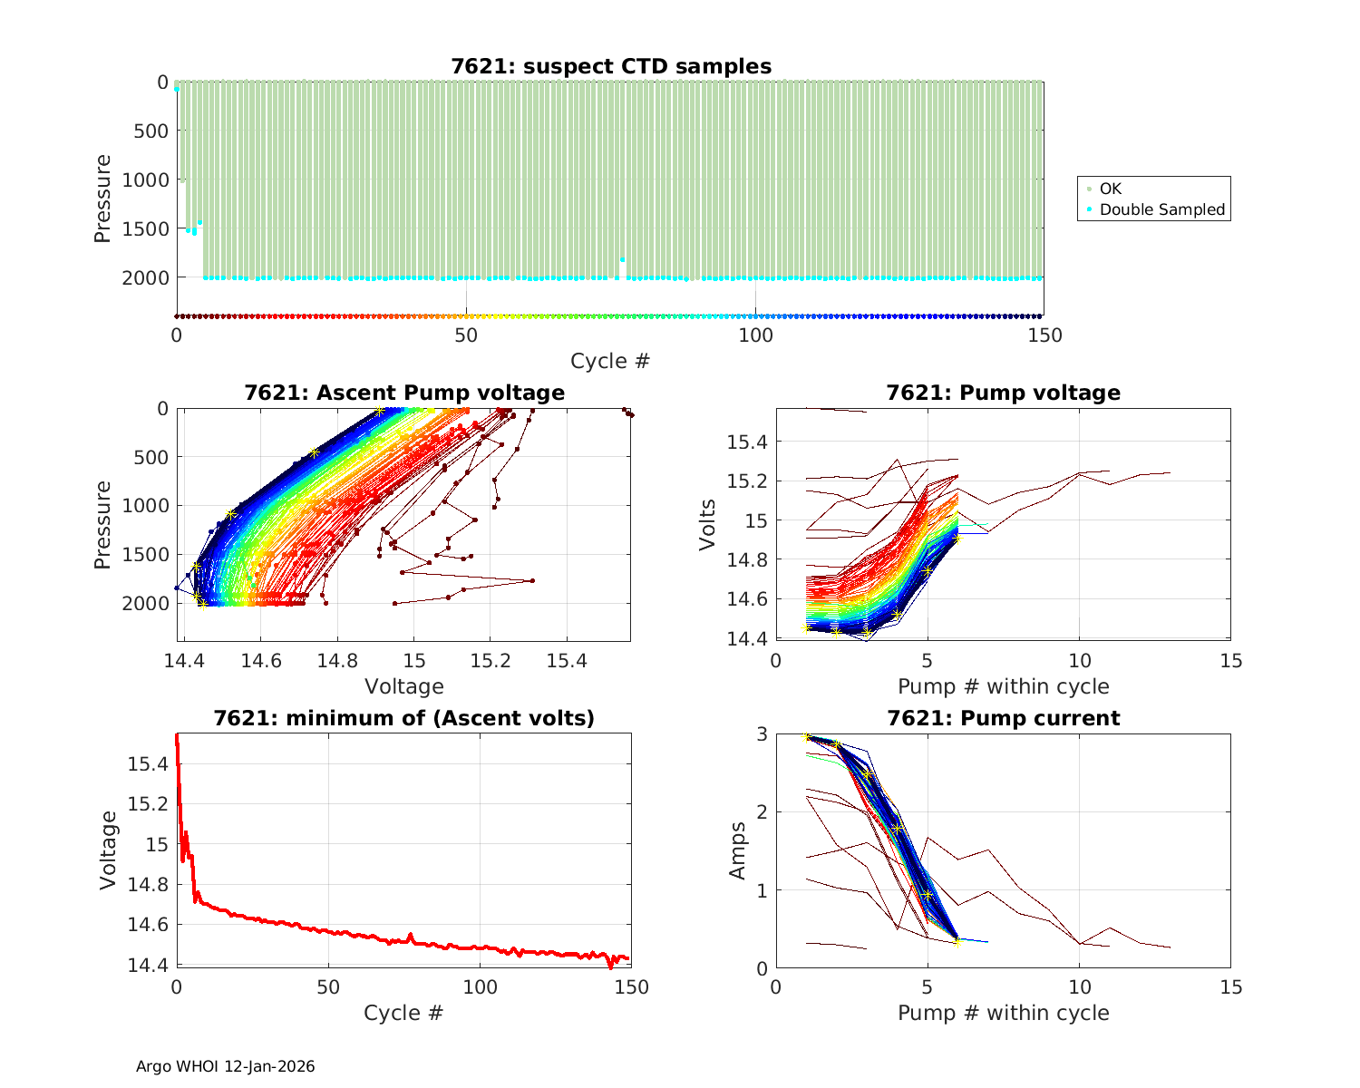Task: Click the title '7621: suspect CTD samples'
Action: (x=611, y=66)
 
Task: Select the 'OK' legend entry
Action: (x=1110, y=189)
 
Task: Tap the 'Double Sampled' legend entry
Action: (x=1161, y=209)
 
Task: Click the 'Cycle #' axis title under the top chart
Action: (x=610, y=361)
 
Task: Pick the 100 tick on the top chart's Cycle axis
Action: (x=755, y=335)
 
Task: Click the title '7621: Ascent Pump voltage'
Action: (x=404, y=393)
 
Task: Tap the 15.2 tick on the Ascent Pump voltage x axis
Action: (x=491, y=662)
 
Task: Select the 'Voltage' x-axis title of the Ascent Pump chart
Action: (x=404, y=686)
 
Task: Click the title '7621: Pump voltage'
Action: (x=1003, y=393)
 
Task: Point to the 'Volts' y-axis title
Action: (x=708, y=525)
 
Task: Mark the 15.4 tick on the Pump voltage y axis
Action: (x=748, y=442)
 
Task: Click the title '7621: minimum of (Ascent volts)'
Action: (x=404, y=718)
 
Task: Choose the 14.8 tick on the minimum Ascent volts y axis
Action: (x=148, y=885)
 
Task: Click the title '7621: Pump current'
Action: (x=1003, y=718)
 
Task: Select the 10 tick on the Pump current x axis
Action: (x=1079, y=986)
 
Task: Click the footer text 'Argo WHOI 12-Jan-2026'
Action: (x=225, y=1066)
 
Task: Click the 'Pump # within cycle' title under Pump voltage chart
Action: (x=1003, y=686)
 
